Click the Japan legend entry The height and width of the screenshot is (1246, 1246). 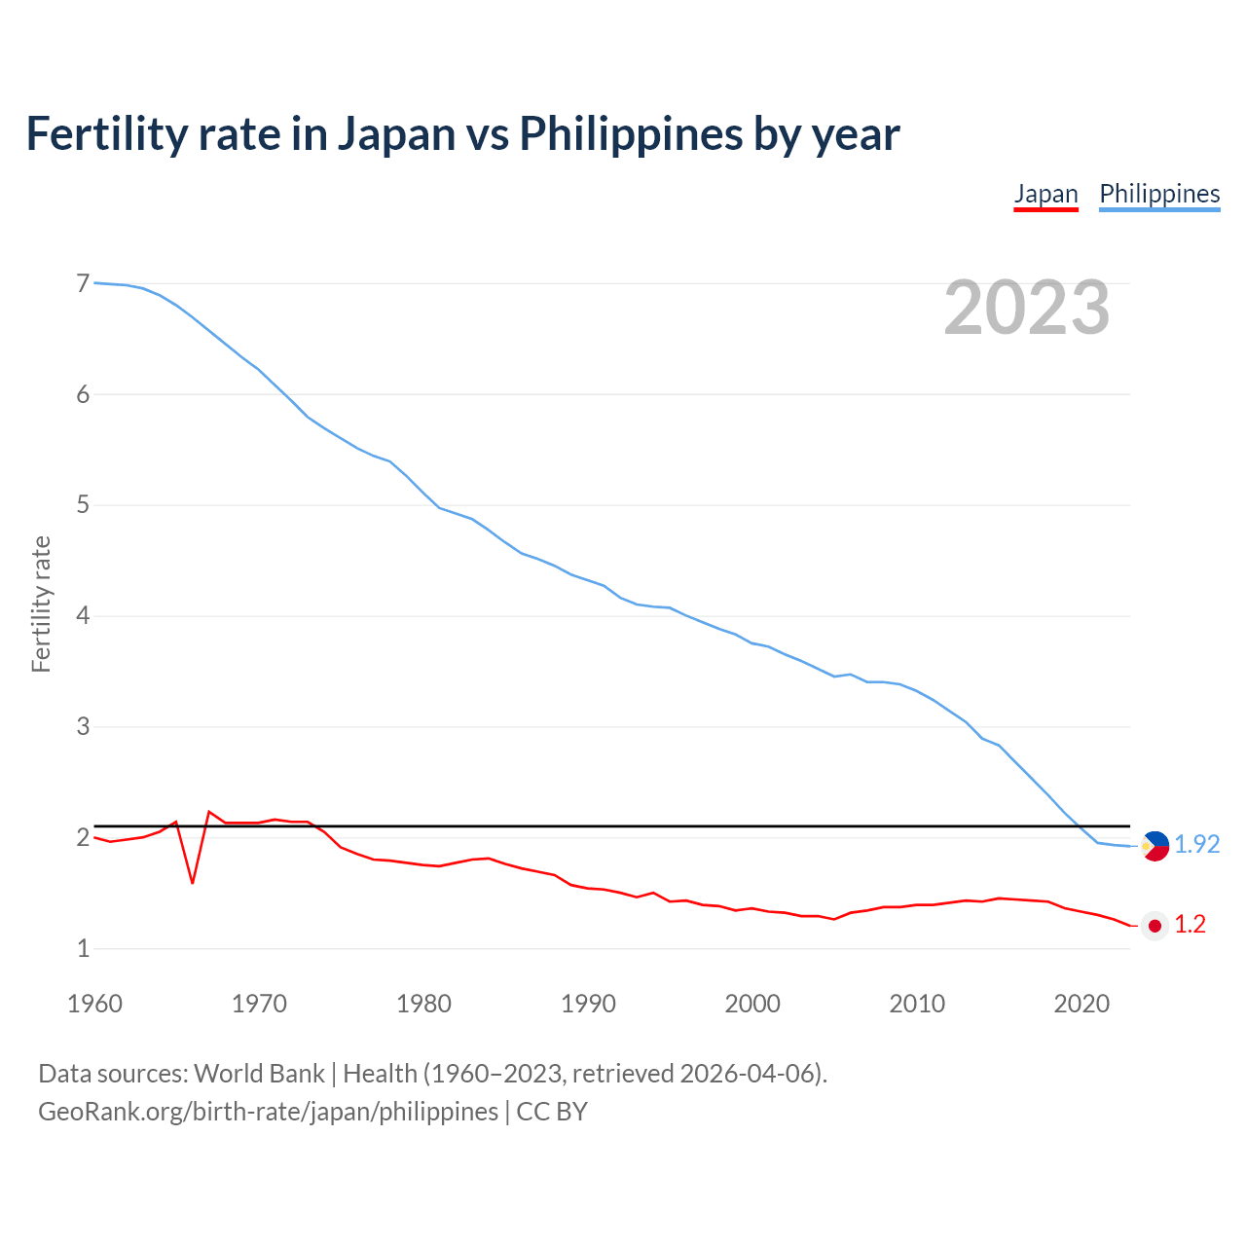(x=1045, y=194)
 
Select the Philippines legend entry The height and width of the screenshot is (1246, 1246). (x=1159, y=194)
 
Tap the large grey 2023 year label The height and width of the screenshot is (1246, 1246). (x=1027, y=308)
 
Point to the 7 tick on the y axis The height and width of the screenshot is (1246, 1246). (x=83, y=283)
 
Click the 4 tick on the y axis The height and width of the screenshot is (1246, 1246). (x=83, y=615)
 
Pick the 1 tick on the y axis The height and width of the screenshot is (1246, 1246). (x=83, y=948)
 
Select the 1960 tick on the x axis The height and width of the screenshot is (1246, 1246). (x=94, y=1004)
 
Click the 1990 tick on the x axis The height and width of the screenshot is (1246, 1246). (x=588, y=1004)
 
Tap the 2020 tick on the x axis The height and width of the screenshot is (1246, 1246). (x=1081, y=1004)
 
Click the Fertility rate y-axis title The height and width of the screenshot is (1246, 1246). (x=41, y=604)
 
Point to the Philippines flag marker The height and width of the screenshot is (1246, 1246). (x=1155, y=846)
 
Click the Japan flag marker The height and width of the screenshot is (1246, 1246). (x=1155, y=926)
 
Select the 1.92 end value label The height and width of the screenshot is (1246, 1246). (x=1196, y=845)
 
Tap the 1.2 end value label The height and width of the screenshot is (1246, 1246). (x=1190, y=925)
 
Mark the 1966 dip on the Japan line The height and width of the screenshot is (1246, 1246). (x=193, y=882)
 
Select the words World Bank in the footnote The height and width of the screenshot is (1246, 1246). (x=259, y=1074)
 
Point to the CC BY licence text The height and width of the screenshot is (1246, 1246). (x=552, y=1112)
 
